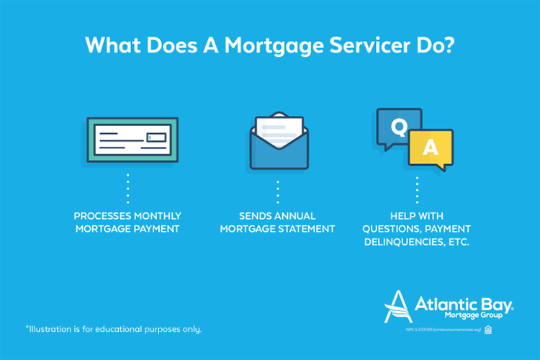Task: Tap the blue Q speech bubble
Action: click(x=398, y=129)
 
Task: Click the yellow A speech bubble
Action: click(x=430, y=148)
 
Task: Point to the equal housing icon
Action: click(x=488, y=330)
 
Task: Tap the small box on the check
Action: click(x=156, y=136)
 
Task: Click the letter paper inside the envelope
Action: click(x=279, y=132)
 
